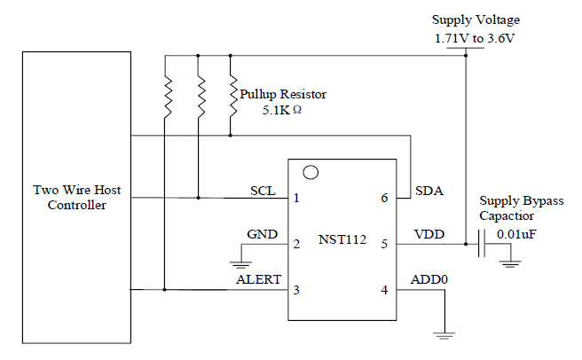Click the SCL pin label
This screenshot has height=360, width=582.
[262, 191]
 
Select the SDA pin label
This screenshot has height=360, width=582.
[429, 191]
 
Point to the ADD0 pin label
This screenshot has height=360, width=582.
[429, 279]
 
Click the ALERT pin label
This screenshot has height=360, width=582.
[258, 279]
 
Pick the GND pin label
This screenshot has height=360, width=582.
[261, 235]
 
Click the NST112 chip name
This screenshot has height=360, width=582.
[342, 240]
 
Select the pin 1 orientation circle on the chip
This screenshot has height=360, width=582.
[311, 171]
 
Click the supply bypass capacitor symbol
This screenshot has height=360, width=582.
[480, 242]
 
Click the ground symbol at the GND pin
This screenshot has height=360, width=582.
[238, 262]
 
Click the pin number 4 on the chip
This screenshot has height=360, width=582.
[384, 290]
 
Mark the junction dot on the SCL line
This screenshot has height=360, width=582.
[199, 197]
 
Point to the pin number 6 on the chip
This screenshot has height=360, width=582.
[384, 198]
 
